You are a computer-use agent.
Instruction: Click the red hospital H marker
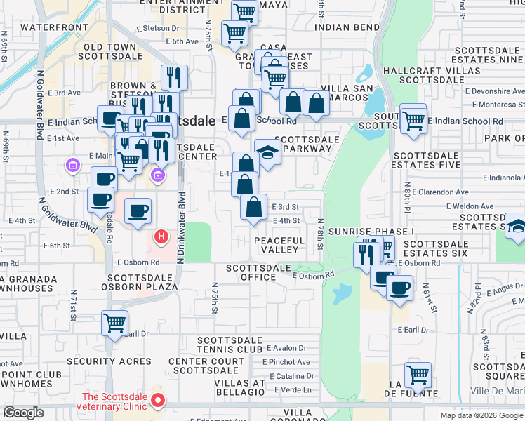pyautogui.click(x=161, y=237)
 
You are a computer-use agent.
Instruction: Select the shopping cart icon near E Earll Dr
pyautogui.click(x=114, y=323)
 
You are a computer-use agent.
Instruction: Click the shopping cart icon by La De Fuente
pyautogui.click(x=418, y=375)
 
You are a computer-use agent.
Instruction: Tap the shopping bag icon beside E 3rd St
pyautogui.click(x=253, y=207)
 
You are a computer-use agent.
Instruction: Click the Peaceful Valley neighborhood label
pyautogui.click(x=279, y=246)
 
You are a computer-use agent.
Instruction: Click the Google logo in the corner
pyautogui.click(x=23, y=413)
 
